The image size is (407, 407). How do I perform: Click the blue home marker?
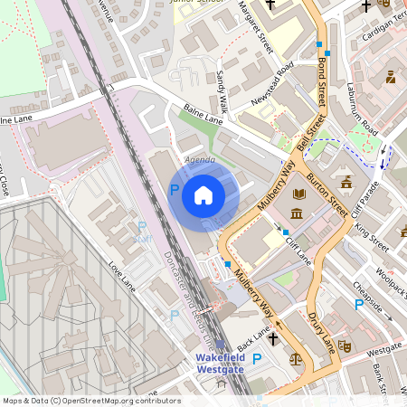pos(203,194)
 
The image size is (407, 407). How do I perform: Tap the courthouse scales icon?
pos(293,358)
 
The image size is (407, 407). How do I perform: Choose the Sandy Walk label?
pos(222,87)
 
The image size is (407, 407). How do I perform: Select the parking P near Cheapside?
pos(359,306)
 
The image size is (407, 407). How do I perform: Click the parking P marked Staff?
pos(141,227)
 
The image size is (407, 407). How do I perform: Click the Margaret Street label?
pos(267,31)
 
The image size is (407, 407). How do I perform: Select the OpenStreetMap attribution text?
pos(90,401)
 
